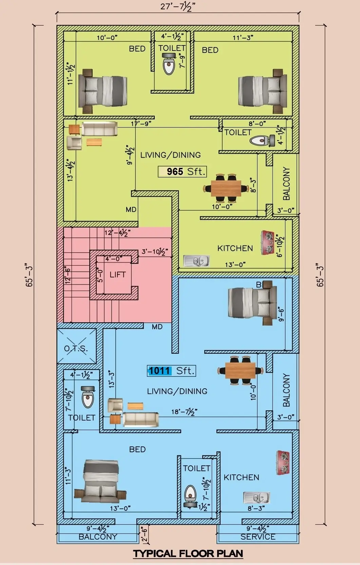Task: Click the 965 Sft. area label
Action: pos(182,172)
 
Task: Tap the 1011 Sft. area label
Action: pos(172,371)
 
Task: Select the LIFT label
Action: pos(117,275)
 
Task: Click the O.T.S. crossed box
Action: pos(76,347)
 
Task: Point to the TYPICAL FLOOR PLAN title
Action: pos(188,554)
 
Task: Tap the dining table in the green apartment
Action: pos(226,188)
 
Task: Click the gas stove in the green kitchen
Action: pos(268,242)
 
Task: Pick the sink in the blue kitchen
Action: pos(257,498)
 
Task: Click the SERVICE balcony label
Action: pos(258,537)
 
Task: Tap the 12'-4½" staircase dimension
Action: pos(117,233)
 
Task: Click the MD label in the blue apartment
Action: pos(157,327)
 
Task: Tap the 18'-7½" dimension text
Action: pos(184,412)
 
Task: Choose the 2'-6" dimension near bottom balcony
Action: pos(144,534)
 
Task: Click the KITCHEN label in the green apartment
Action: pos(235,248)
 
